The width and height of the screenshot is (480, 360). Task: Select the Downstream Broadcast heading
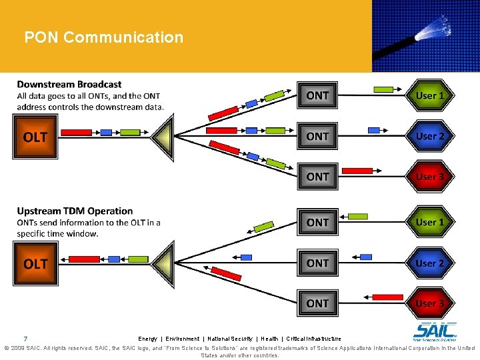point(69,84)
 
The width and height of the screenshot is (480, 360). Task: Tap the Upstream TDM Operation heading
point(75,211)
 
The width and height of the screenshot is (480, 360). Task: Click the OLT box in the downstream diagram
point(35,137)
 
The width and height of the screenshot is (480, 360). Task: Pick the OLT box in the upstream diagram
point(35,263)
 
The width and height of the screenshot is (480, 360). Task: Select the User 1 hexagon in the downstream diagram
point(429,95)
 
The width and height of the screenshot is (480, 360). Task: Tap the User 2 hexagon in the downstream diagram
point(429,136)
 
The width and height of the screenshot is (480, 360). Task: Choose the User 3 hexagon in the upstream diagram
point(429,303)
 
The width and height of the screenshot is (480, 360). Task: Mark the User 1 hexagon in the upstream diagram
point(429,222)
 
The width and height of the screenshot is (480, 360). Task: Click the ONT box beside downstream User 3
point(317,177)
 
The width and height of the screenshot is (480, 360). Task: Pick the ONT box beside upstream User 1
point(317,222)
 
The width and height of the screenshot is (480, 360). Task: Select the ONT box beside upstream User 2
point(317,263)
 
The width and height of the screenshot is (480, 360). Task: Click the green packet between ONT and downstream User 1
point(383,89)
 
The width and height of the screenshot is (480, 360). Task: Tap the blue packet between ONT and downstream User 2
point(375,131)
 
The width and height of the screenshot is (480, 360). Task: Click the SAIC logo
point(435,331)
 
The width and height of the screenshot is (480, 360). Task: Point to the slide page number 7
point(25,338)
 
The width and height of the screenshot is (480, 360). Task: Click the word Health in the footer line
point(269,339)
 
